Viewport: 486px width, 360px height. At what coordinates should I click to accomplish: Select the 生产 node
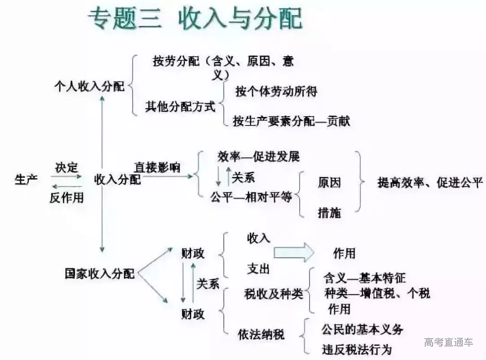tap(26, 180)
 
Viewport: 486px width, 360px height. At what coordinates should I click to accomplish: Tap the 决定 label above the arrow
tap(67, 168)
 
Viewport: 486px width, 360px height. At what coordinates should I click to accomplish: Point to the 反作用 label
tap(67, 197)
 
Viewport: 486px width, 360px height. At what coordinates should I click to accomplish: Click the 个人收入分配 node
tap(89, 86)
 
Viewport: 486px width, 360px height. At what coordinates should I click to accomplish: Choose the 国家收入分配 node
tap(99, 273)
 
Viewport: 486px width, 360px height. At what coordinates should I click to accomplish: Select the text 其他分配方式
tap(180, 107)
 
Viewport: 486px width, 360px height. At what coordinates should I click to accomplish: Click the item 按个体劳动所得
tap(276, 91)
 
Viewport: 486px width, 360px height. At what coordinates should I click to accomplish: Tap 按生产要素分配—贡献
tap(291, 121)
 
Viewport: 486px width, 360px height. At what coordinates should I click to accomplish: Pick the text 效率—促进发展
tap(258, 157)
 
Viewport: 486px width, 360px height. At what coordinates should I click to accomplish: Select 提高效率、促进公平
tap(430, 182)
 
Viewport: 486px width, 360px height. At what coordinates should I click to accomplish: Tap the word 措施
tap(329, 213)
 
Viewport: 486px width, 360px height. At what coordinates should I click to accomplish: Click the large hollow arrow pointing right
tap(294, 252)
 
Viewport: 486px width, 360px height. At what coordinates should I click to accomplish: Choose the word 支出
tap(258, 269)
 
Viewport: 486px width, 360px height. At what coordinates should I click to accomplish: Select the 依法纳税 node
tap(261, 334)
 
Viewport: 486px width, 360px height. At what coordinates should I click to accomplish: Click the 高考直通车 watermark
tap(449, 342)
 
